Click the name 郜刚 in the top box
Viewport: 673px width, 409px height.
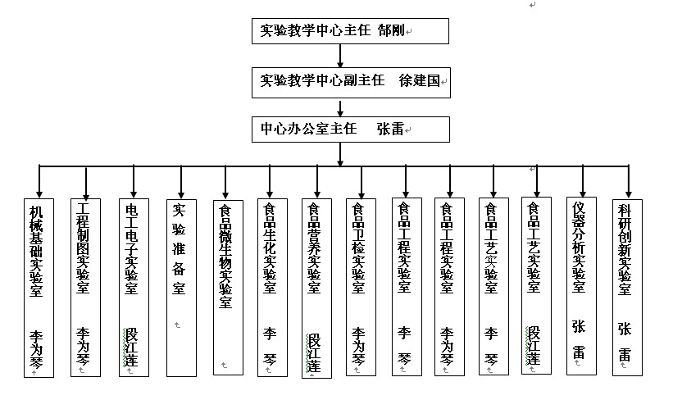(392, 30)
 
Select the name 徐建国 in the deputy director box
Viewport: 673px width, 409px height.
(420, 80)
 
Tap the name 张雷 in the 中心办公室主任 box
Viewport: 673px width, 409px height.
(390, 129)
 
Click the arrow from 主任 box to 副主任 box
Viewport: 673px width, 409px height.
(340, 56)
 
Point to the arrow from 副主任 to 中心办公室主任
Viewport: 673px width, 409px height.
(340, 107)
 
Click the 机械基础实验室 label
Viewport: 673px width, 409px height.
(37, 252)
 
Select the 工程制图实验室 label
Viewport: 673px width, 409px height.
(83, 248)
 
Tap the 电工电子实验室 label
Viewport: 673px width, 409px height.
(131, 249)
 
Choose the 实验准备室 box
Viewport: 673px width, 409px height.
(181, 288)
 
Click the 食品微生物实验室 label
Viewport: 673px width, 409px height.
(225, 257)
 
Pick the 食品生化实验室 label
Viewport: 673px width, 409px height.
(270, 248)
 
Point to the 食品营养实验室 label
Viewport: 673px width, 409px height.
(314, 248)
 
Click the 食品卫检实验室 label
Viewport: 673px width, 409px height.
(358, 248)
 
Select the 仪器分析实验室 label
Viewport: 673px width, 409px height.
(579, 248)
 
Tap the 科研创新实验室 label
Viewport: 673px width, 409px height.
(625, 250)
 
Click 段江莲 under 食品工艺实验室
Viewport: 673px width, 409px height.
(534, 346)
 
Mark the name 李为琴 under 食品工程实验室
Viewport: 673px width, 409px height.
(447, 347)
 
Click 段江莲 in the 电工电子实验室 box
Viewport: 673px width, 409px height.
(131, 348)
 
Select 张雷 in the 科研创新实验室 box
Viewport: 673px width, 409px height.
(625, 342)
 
